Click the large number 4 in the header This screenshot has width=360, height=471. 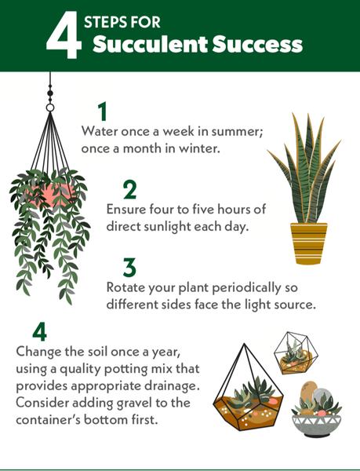64,35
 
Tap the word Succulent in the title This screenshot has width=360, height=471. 150,44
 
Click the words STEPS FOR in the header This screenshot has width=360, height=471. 122,22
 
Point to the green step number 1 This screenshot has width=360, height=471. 103,111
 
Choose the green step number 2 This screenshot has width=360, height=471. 129,189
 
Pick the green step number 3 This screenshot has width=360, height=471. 129,268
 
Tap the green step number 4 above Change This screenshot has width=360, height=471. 39,331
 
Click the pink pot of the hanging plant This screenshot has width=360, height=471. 50,195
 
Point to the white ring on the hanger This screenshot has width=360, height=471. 50,108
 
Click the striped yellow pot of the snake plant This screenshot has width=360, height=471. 308,243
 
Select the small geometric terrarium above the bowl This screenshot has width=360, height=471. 296,353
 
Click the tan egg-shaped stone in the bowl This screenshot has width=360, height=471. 308,391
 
